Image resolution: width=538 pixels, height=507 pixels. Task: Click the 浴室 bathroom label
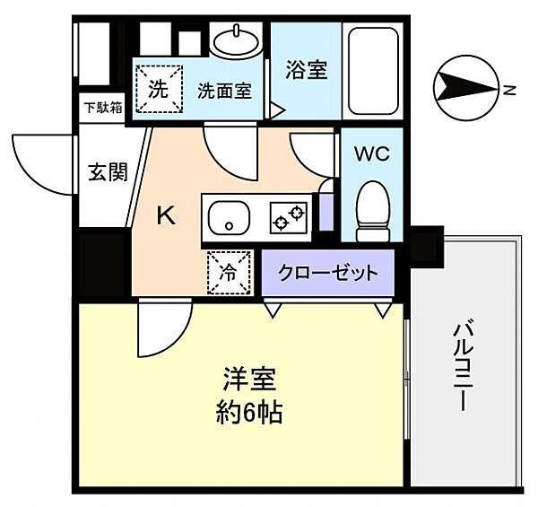click(x=306, y=70)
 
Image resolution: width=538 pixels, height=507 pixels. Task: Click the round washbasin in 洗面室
click(x=237, y=39)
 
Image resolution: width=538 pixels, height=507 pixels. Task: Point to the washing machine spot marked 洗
click(x=158, y=90)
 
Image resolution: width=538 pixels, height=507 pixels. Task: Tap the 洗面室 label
click(x=223, y=91)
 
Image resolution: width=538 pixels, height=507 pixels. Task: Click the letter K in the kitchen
click(x=166, y=215)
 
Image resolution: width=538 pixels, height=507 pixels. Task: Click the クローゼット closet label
click(x=327, y=273)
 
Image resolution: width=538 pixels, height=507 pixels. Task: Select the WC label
click(x=371, y=153)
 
